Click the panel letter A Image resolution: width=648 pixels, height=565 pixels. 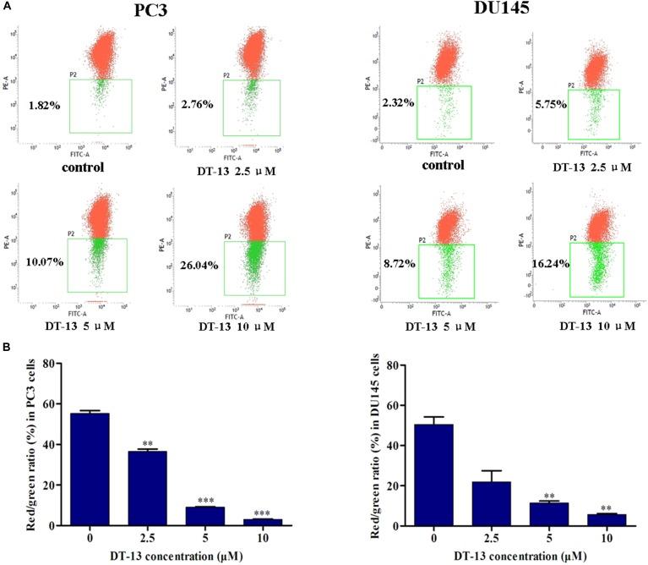(x=8, y=7)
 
